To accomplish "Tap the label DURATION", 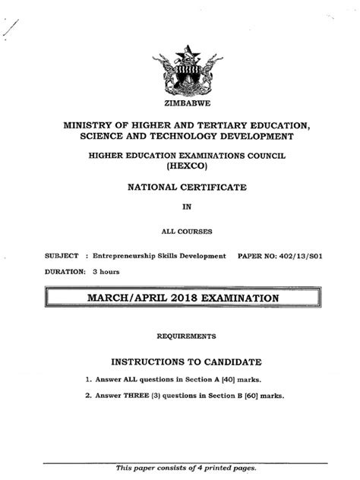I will (64, 271).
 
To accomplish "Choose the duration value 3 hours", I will (106, 271).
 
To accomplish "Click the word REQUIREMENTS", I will (185, 335).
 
